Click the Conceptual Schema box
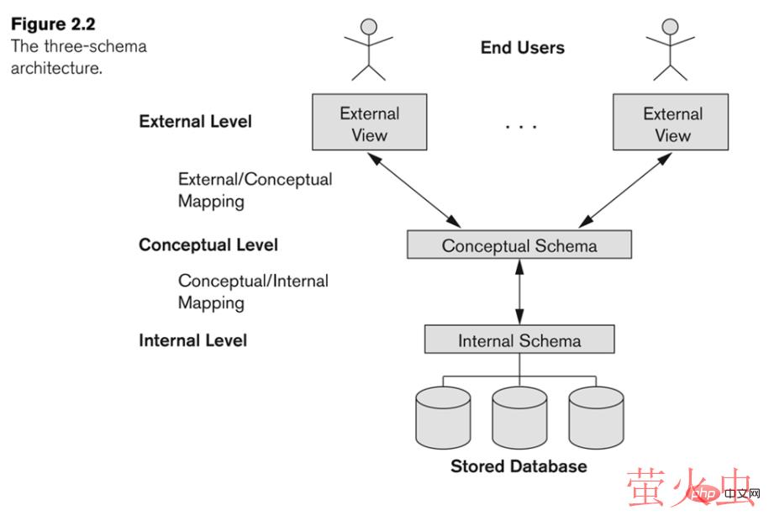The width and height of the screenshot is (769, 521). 519,245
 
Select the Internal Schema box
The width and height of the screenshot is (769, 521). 519,340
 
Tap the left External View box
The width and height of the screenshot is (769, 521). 369,123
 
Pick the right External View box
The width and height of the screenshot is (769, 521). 672,123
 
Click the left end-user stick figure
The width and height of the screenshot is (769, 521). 368,49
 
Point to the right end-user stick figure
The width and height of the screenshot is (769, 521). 670,49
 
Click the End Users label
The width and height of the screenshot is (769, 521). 522,48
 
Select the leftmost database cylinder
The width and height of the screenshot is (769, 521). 443,418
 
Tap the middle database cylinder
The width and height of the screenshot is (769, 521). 519,418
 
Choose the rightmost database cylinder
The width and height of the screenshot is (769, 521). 595,418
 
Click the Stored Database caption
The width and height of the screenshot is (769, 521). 518,466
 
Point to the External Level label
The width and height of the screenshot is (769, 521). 195,121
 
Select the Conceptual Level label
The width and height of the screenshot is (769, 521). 208,245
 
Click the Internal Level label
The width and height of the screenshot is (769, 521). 192,340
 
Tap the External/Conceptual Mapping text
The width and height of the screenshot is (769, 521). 255,190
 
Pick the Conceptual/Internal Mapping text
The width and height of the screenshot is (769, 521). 253,292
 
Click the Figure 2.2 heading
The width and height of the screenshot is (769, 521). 52,24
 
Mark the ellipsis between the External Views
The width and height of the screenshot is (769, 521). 520,126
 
